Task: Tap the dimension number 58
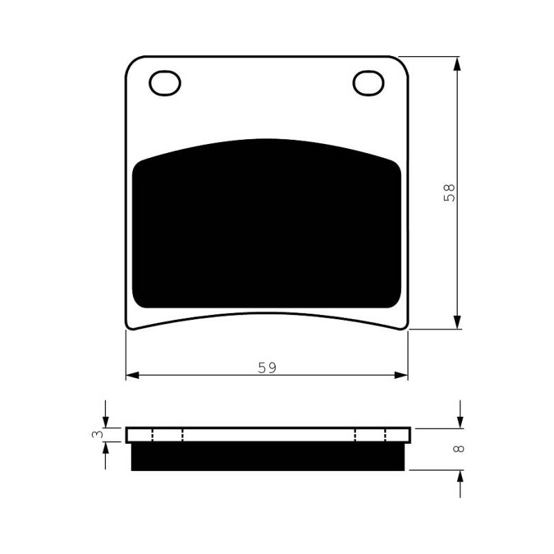pyautogui.click(x=449, y=193)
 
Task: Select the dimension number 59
pyautogui.click(x=267, y=368)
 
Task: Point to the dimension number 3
pyautogui.click(x=98, y=434)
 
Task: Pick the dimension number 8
pyautogui.click(x=458, y=449)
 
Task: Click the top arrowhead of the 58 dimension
pyautogui.click(x=457, y=64)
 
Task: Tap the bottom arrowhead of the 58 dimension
pyautogui.click(x=457, y=322)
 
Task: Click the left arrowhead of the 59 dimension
pyautogui.click(x=133, y=375)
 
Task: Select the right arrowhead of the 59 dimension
pyautogui.click(x=401, y=375)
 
